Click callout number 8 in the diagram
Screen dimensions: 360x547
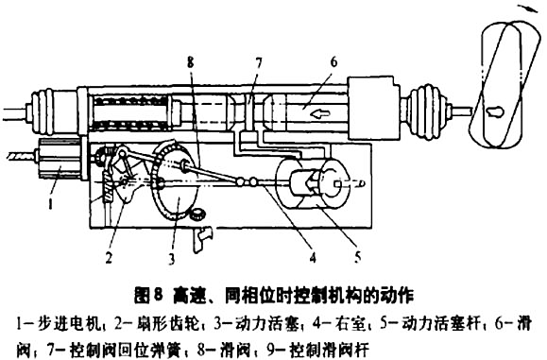tap(190, 61)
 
